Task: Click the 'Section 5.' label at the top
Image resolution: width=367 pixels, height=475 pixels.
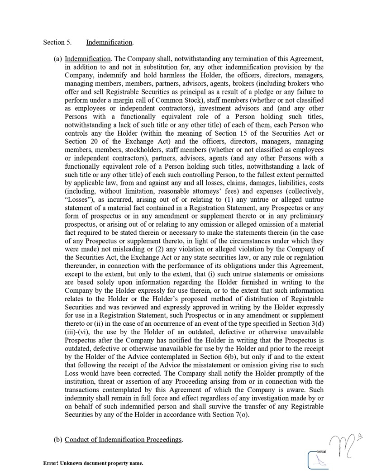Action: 57,43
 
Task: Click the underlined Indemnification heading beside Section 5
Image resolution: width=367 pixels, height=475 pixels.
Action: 109,43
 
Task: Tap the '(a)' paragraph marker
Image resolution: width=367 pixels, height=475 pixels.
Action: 57,59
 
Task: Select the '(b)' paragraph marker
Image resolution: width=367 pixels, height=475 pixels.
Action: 57,439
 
